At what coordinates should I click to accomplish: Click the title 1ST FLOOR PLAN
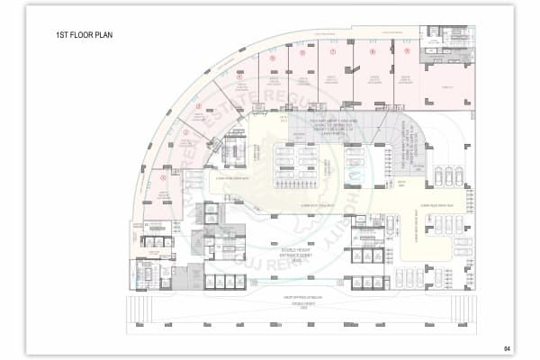(x=87, y=36)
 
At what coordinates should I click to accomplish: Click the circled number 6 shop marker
(x=301, y=53)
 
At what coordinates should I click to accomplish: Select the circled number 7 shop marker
(x=334, y=51)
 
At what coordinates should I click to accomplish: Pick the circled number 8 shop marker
(x=370, y=51)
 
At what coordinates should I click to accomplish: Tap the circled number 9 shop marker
(x=406, y=51)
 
